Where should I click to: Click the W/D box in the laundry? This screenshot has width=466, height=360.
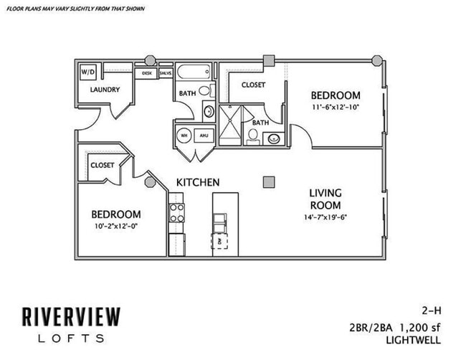pos(87,72)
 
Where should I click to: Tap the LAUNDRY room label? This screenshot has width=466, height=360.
pos(105,90)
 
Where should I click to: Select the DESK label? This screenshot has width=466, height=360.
pos(147,73)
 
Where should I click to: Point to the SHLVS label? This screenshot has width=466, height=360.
pos(164,73)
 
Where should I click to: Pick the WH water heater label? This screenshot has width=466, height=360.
pos(184,135)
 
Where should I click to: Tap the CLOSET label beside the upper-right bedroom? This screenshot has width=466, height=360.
pos(253,85)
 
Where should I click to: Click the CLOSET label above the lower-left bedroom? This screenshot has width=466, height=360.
pos(103,165)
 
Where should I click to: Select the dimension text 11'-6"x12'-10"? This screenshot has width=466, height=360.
pos(336,108)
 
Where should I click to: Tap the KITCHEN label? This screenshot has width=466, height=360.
pos(198,183)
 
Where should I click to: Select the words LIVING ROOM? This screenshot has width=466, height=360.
pos(325,199)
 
